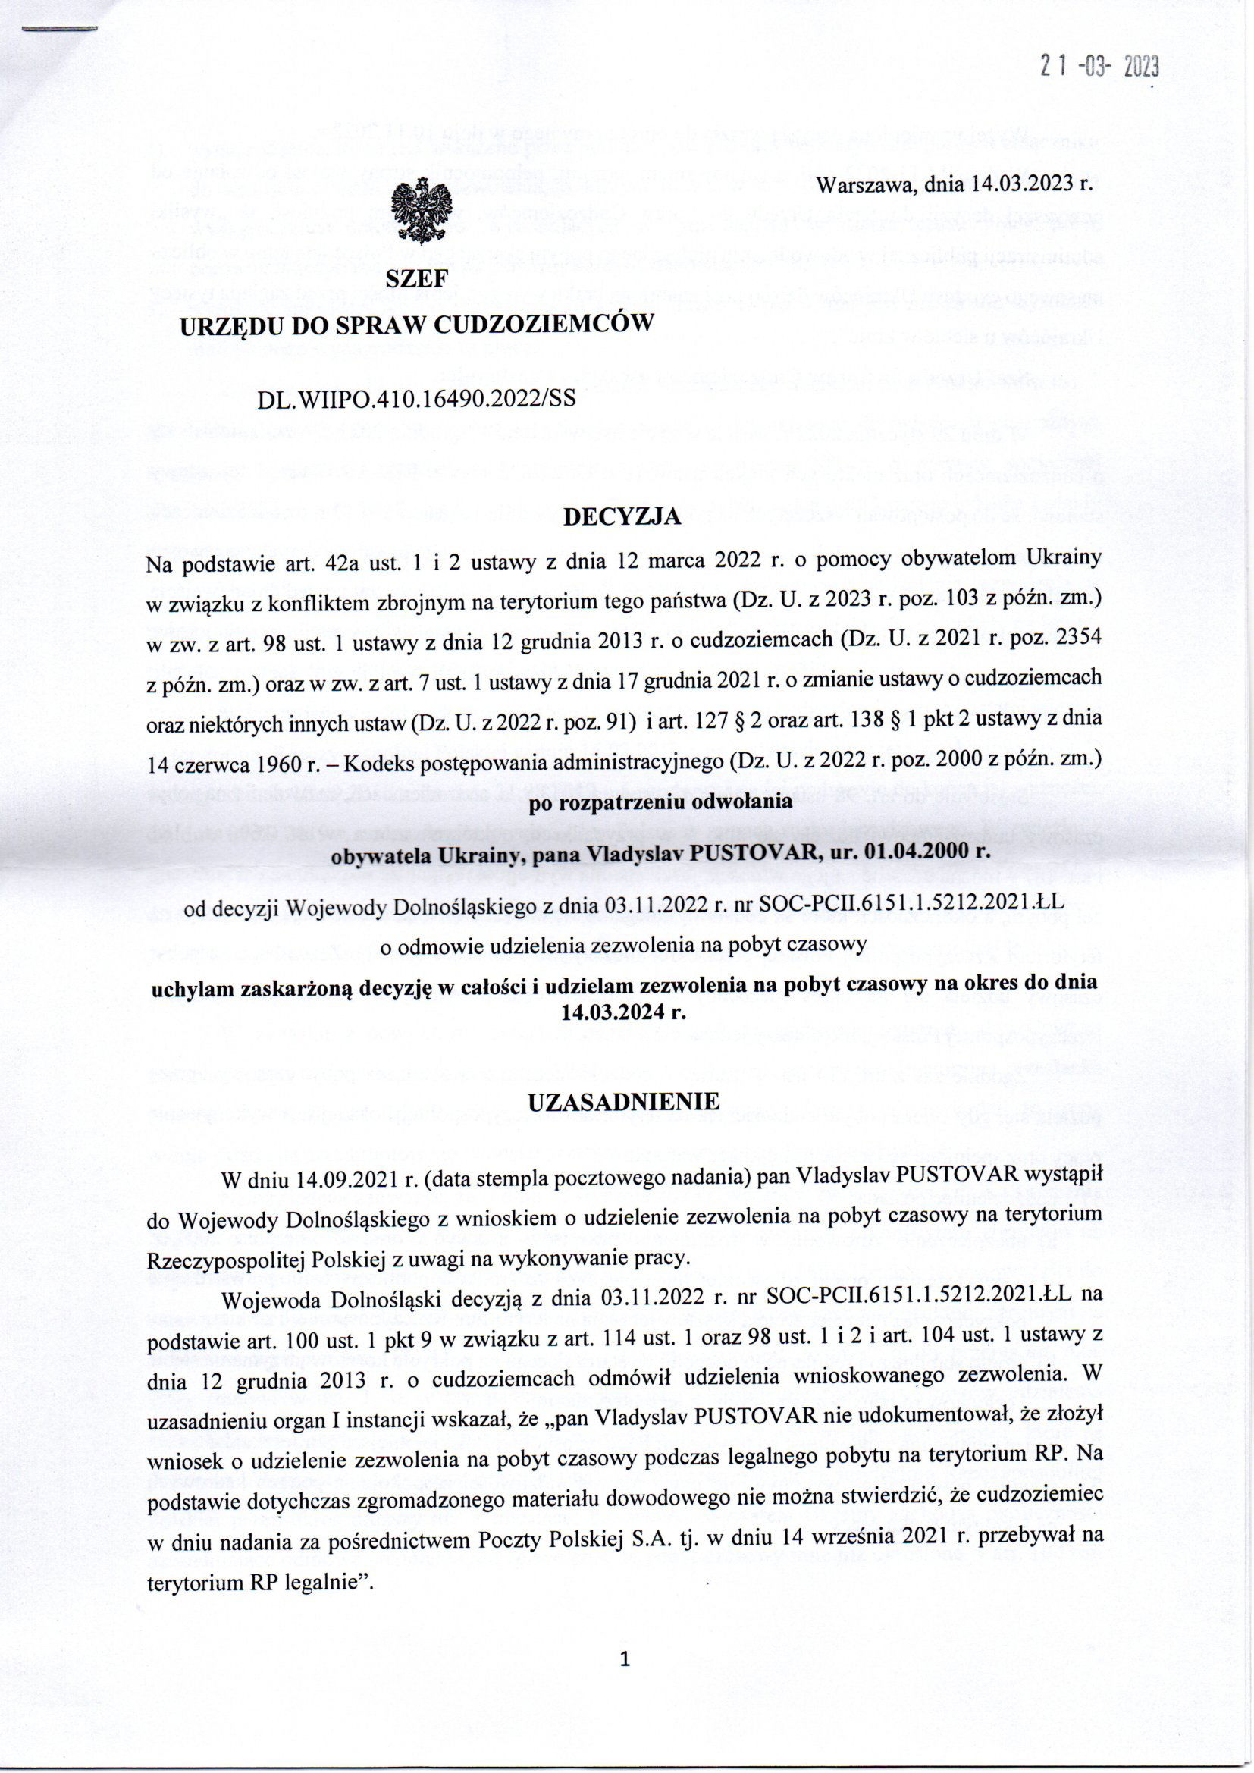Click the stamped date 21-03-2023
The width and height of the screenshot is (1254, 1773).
(x=1099, y=68)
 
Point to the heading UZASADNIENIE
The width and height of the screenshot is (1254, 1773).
(x=623, y=1101)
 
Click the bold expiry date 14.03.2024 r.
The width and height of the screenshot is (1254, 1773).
(x=624, y=1012)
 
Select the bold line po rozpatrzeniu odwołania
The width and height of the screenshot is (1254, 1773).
(x=660, y=801)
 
